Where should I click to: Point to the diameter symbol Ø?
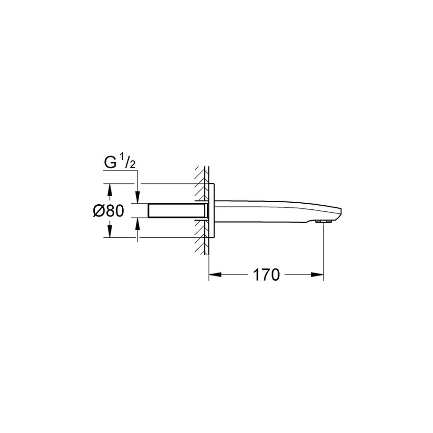100,210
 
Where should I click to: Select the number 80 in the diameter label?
116,210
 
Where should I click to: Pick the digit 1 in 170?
257,275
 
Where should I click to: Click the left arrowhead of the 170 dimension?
213,275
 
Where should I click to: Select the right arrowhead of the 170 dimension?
320,275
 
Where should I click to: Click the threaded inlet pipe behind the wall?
173,210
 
